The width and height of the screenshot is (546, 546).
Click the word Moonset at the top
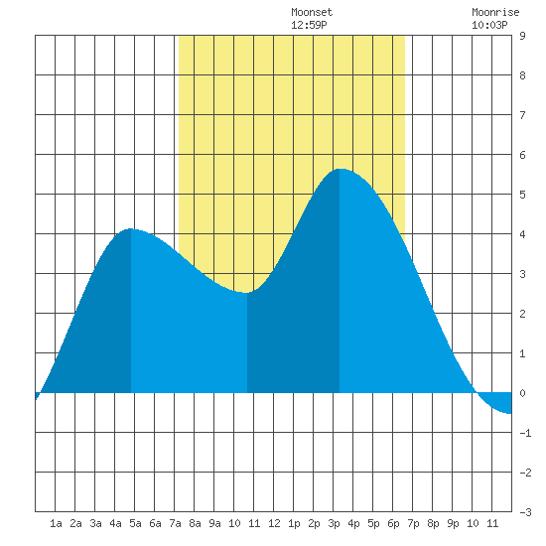[x=312, y=12]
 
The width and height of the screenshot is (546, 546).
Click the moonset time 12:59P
[x=309, y=25]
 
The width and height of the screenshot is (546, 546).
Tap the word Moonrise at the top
[x=495, y=12]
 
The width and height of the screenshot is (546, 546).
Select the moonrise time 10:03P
[x=489, y=25]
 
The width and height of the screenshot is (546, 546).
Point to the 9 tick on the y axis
[x=522, y=36]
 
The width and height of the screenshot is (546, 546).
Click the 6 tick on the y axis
[x=522, y=155]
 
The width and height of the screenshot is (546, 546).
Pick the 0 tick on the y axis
[x=522, y=393]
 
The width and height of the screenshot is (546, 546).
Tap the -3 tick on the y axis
[x=525, y=512]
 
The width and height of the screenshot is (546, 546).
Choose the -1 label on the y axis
[x=525, y=433]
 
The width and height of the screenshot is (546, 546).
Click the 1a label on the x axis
[x=56, y=523]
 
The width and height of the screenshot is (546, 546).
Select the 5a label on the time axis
[x=135, y=523]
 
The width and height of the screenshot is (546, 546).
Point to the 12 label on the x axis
[x=274, y=523]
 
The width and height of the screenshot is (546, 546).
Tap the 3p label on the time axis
[x=334, y=523]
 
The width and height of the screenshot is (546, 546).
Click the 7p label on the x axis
[x=413, y=523]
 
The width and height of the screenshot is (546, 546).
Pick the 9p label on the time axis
[x=453, y=523]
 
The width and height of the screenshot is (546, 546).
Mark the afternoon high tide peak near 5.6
[x=340, y=169]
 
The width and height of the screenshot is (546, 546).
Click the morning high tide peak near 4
[x=131, y=229]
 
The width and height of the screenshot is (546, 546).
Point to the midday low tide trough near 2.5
[x=246, y=293]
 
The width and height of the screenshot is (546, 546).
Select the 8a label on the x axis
[x=195, y=523]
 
